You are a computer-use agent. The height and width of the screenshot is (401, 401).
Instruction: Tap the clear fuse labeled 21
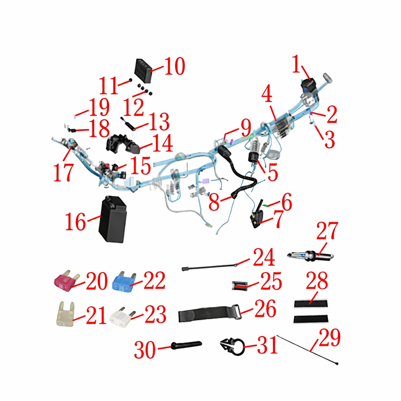point(66,314)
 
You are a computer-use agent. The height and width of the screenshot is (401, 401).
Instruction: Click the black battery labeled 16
point(113,219)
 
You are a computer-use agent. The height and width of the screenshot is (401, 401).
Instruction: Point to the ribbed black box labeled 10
point(143,71)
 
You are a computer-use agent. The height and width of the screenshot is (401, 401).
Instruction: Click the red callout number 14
point(162,143)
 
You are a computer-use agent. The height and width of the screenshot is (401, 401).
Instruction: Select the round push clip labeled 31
point(233,346)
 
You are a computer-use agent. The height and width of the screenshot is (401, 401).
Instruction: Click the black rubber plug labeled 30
point(186,345)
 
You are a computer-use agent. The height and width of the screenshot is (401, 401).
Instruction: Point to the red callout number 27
point(327,231)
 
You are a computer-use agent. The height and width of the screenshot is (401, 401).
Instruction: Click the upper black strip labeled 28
point(311,304)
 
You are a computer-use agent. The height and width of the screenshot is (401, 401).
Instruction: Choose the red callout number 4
point(267,93)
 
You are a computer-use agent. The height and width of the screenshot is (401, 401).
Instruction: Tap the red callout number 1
point(296,64)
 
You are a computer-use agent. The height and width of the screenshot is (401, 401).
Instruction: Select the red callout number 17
point(64,172)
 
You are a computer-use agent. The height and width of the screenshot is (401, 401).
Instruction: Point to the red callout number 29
point(330,337)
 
